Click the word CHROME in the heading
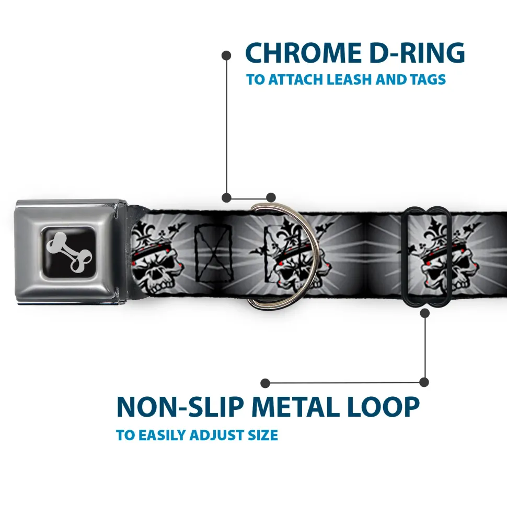pos(301,53)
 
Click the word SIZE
pos(262,435)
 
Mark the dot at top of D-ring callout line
pos(226,54)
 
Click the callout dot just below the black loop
pos(425,313)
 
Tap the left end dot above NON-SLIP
pos(266,383)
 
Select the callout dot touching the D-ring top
pos(270,197)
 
